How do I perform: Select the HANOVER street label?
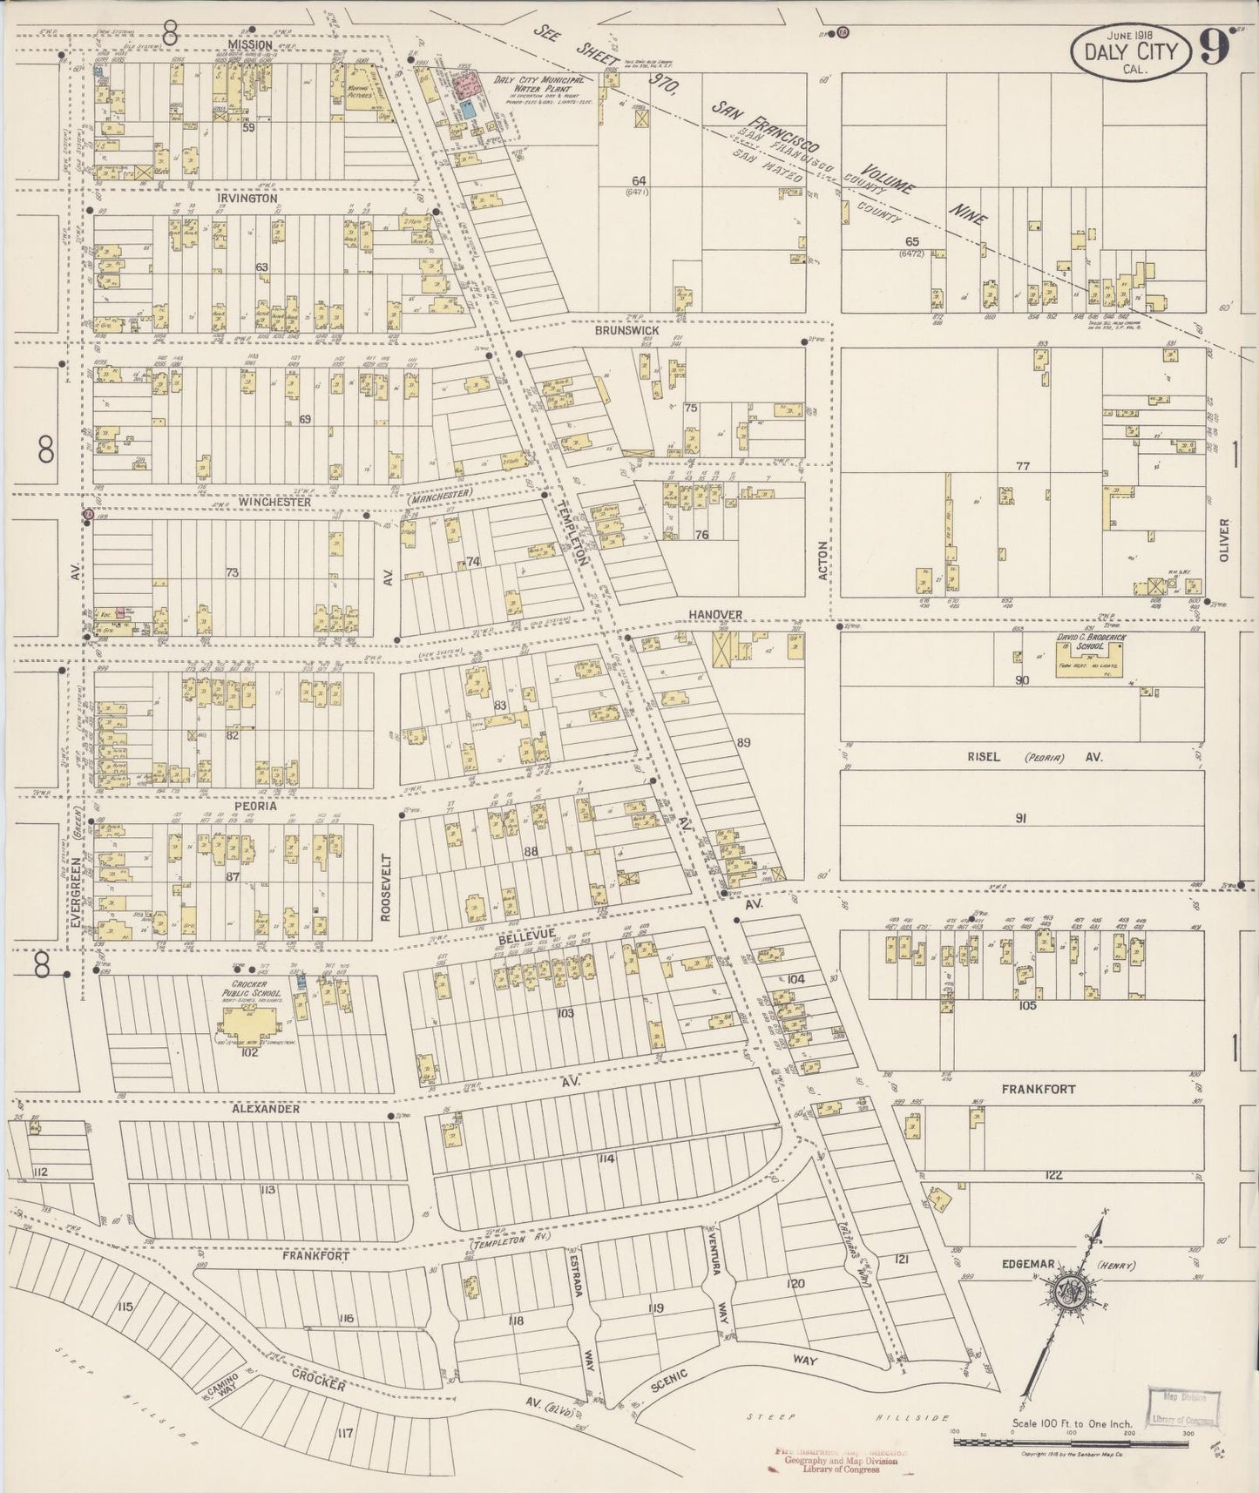[x=715, y=614]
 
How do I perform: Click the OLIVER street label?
[x=1223, y=540]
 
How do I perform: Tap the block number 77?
[x=1023, y=466]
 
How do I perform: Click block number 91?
[x=1022, y=818]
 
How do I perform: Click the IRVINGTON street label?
[x=247, y=199]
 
